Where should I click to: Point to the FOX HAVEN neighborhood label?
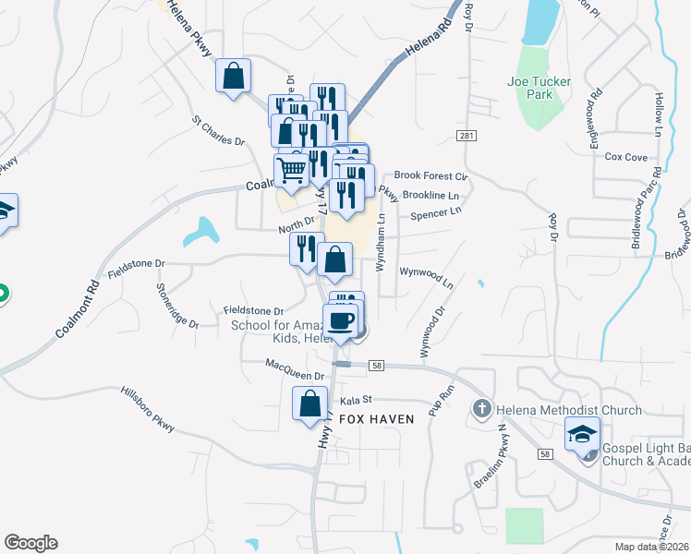coord(376,418)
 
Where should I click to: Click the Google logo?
coord(30,543)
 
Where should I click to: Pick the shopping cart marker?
coord(292,170)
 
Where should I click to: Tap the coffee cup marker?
coord(341,320)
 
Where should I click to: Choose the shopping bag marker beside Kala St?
coord(309,403)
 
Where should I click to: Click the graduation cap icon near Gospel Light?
coord(582,434)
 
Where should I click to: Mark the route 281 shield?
coord(466,136)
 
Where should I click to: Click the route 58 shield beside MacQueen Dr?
coord(375,367)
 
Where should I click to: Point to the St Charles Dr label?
coord(218,131)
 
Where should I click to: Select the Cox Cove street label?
coord(626,158)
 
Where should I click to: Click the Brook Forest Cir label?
coord(432,175)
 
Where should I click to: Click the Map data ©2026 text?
coord(651,547)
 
